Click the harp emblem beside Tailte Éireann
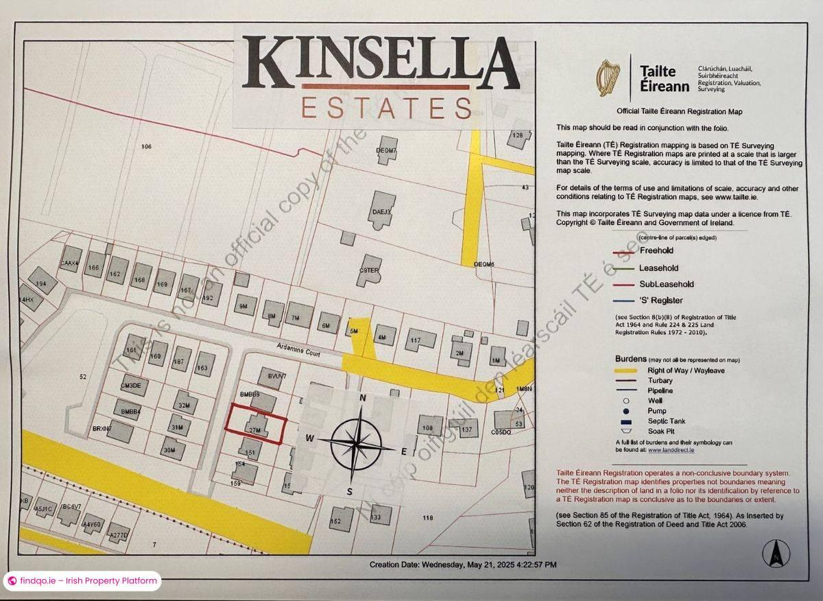[x=607, y=77]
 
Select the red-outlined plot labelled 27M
[x=254, y=423]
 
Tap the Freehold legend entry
[x=656, y=251]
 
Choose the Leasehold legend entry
[x=658, y=268]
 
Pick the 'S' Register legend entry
[x=660, y=300]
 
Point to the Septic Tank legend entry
[x=666, y=421]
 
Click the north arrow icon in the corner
[x=776, y=553]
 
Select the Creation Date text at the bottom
[x=463, y=565]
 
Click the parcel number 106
[x=146, y=146]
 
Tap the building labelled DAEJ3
[x=382, y=213]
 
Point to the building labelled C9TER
[x=369, y=270]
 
